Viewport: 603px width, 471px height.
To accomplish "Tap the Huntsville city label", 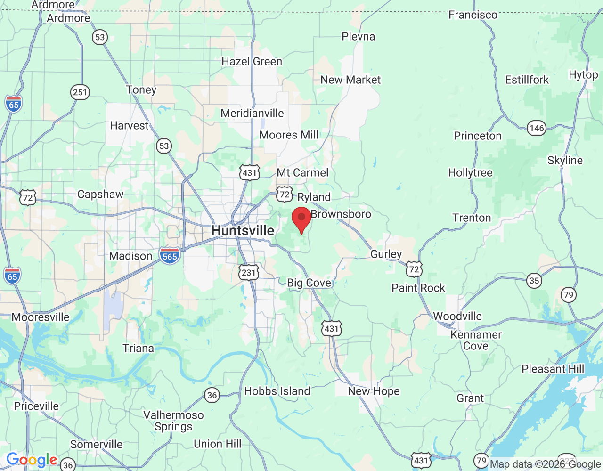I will pos(243,231).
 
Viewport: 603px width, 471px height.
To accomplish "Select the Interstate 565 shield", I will pos(170,256).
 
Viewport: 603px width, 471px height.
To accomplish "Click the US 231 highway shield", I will pos(249,272).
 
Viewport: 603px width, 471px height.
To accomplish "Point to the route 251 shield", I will pos(80,92).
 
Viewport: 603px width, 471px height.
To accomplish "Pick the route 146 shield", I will pos(537,128).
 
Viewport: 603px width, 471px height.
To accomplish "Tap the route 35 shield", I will pos(534,281).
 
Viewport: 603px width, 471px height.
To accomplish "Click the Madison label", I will pos(130,256).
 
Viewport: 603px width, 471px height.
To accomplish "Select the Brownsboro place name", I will pos(341,214).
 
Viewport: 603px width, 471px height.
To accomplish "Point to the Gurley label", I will pos(386,254).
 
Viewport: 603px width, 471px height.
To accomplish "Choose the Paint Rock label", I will pos(418,288).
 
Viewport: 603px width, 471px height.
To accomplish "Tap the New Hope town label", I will pos(374,391).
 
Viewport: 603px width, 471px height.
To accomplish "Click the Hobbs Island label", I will pos(277,391).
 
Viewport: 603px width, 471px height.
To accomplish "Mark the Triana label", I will pos(138,349).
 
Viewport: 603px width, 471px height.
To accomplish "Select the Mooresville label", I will pos(41,317).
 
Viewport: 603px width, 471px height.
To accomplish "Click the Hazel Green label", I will pos(252,62).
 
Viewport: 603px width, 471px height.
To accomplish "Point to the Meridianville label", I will pos(252,114).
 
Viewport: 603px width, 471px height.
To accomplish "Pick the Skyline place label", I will pos(565,161).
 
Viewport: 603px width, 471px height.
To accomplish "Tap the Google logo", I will pos(32,460).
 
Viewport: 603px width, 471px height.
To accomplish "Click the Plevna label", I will pos(358,37).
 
